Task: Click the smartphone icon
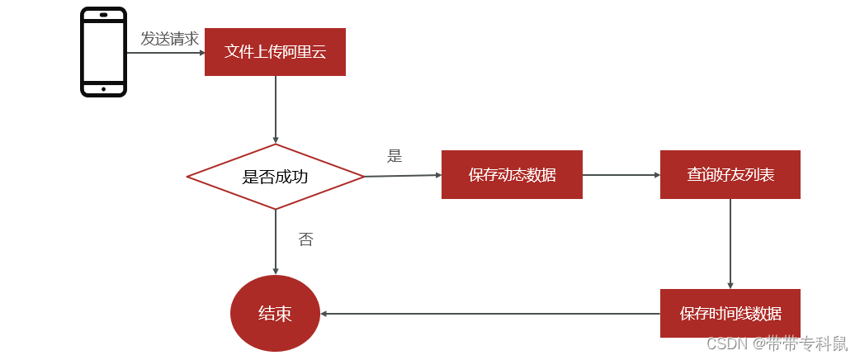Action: point(103,51)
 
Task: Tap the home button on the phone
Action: point(103,89)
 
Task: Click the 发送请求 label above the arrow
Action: point(169,39)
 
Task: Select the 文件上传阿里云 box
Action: point(275,52)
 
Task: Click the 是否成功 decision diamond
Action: point(275,177)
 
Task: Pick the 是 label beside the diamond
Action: point(395,156)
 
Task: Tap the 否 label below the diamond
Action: point(305,239)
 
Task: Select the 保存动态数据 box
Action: point(512,175)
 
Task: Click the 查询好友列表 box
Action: point(730,175)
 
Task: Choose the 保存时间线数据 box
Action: point(730,314)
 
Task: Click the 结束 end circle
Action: point(275,314)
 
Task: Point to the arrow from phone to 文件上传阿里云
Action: point(165,53)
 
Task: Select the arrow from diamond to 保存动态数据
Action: point(403,175)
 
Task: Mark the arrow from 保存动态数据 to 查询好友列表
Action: point(621,175)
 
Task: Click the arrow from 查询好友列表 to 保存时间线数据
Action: point(730,244)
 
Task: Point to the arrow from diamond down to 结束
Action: point(275,241)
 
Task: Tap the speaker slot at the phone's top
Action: point(103,15)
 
